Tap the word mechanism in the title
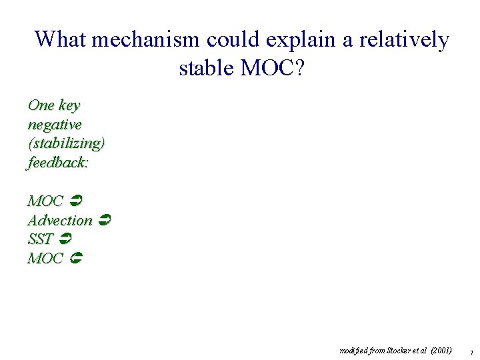pyautogui.click(x=145, y=39)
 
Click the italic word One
pyautogui.click(x=41, y=105)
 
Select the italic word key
pyautogui.click(x=69, y=106)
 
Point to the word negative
pyautogui.click(x=54, y=125)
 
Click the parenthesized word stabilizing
pyautogui.click(x=66, y=143)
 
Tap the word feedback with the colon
pyautogui.click(x=57, y=162)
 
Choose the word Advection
pyautogui.click(x=60, y=220)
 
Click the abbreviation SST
pyautogui.click(x=41, y=239)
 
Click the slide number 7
pyautogui.click(x=471, y=352)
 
